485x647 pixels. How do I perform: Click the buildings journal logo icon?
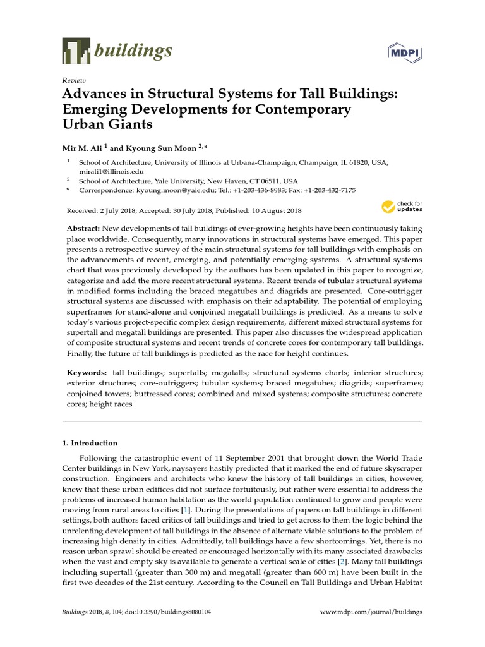[76, 51]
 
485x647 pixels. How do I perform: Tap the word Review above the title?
[73, 80]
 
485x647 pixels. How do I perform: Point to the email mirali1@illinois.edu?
[111, 171]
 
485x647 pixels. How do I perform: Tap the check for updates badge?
[402, 207]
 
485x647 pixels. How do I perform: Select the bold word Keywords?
[87, 373]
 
